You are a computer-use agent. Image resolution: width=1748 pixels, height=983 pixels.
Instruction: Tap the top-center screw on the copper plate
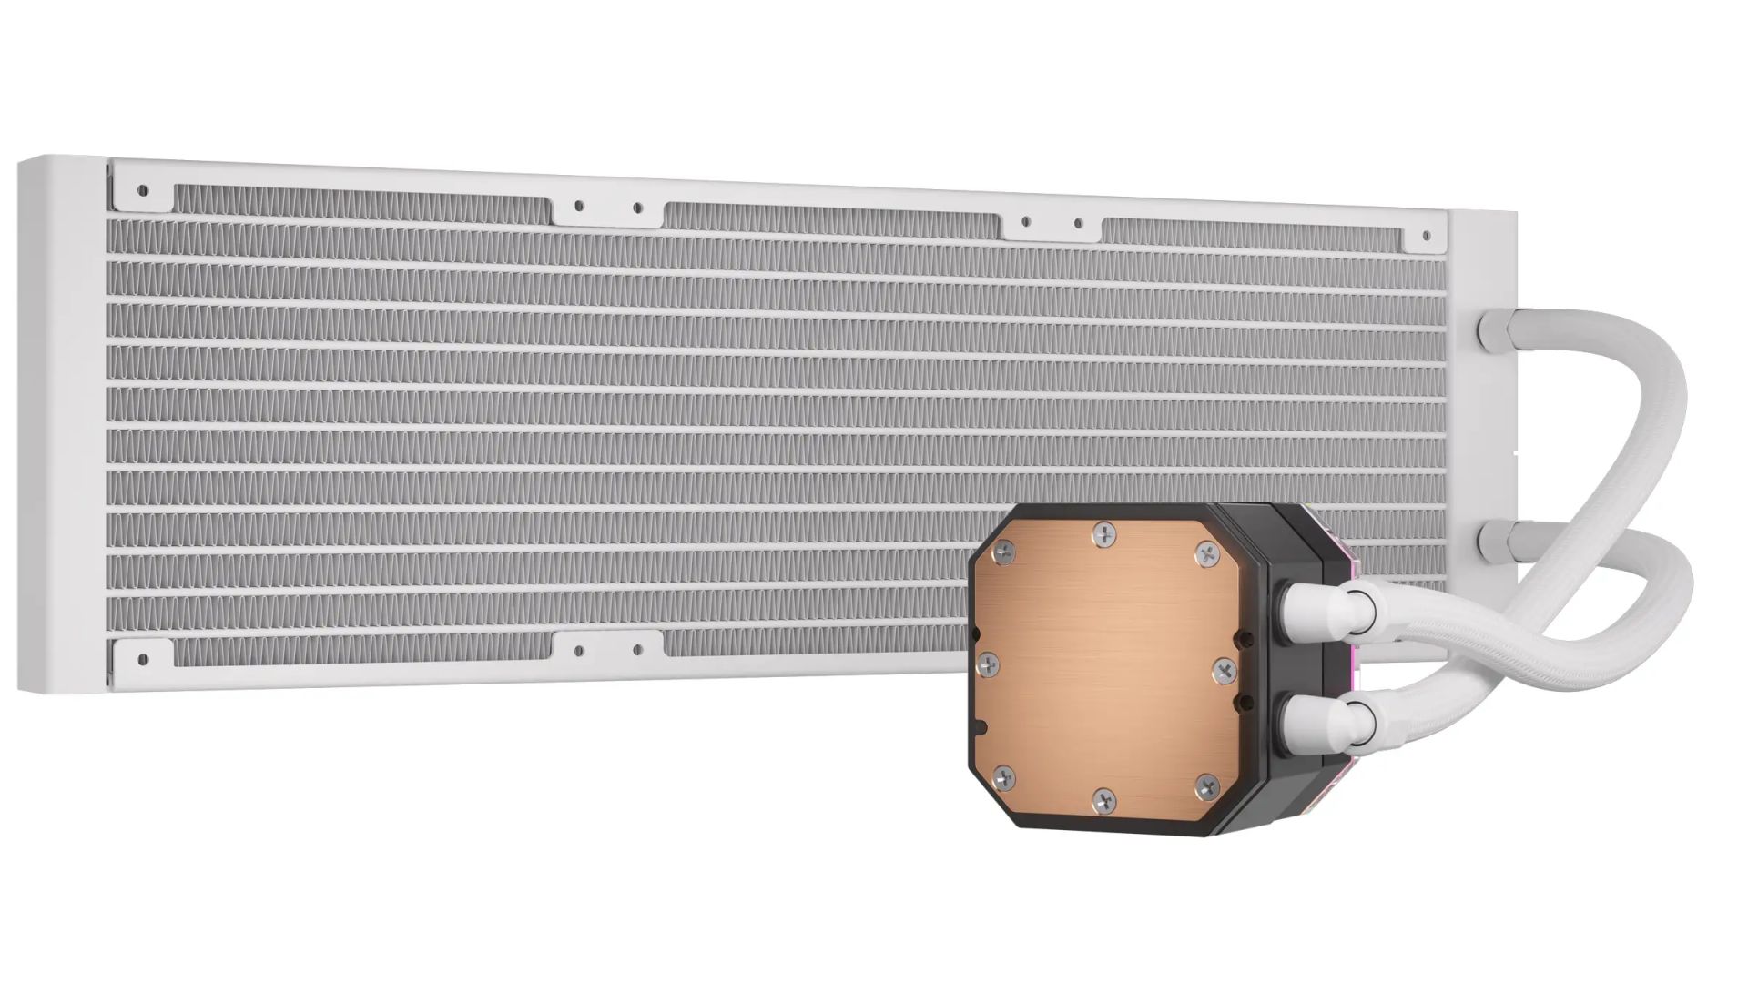click(1105, 533)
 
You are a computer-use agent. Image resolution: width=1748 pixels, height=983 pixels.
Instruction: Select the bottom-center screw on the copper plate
click(1103, 801)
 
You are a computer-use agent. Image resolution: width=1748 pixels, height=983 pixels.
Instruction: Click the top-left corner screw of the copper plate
click(1005, 549)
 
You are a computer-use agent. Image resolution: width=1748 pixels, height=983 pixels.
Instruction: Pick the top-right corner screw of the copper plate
click(1206, 551)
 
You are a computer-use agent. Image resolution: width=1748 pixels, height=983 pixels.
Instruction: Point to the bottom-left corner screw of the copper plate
click(1003, 776)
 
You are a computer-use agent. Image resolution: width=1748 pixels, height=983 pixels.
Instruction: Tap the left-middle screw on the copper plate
click(987, 662)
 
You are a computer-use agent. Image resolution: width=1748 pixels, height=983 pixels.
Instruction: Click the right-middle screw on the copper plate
click(1222, 669)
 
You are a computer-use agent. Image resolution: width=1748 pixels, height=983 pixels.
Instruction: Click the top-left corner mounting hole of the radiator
click(142, 191)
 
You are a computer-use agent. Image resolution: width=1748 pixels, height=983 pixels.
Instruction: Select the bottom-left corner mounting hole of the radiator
click(142, 657)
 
